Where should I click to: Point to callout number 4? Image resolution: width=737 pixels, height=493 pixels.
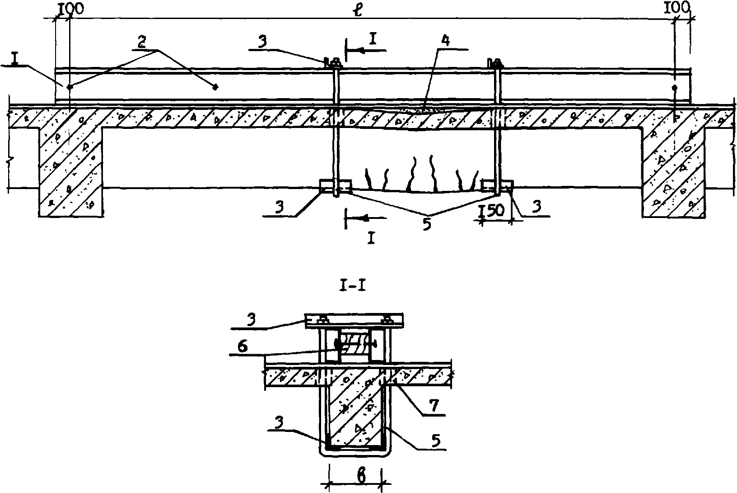tap(445, 41)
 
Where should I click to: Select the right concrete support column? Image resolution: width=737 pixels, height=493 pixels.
tap(673, 172)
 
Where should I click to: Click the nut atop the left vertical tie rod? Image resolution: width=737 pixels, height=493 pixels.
tap(333, 61)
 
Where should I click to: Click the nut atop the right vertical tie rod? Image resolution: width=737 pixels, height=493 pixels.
tap(494, 62)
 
